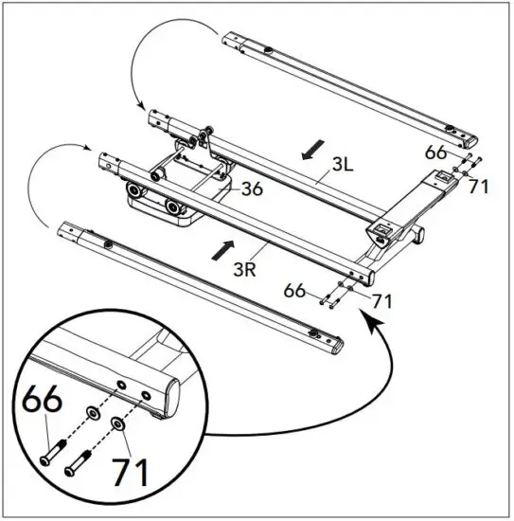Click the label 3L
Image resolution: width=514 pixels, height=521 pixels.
tap(342, 163)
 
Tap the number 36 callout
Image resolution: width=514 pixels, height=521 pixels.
tap(251, 189)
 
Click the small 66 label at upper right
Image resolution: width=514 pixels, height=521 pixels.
tap(434, 151)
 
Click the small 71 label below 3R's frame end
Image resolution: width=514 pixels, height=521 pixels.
tap(381, 302)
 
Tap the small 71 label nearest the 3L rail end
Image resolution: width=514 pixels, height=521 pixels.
tap(478, 187)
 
